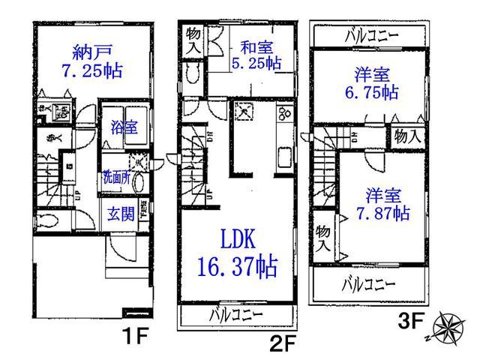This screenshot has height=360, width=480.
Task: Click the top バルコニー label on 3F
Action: pos(372,34)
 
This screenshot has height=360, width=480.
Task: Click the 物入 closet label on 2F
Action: pos(193,40)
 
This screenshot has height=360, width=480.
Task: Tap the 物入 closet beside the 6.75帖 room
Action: pos(408,136)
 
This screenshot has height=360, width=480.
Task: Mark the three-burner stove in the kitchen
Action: pos(286,115)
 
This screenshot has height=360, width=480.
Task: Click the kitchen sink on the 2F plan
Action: pos(286,160)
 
